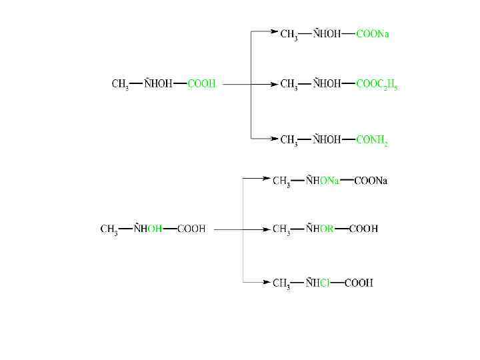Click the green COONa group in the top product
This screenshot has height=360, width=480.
coord(373,34)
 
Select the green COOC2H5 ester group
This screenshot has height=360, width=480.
coord(377,85)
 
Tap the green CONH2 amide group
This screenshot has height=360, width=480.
coord(372,140)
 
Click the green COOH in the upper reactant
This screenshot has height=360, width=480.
coord(201,84)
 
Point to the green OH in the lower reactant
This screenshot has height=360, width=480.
coord(155,229)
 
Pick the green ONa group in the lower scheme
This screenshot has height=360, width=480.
coord(328,181)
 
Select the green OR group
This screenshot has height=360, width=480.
coord(326,229)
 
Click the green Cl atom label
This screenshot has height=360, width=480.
coord(325,283)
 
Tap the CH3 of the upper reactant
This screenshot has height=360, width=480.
coord(120,85)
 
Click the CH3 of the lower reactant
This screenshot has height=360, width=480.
coord(109,229)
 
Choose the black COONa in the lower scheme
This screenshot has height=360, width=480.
coord(371,181)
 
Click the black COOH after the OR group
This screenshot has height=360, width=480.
coord(363,229)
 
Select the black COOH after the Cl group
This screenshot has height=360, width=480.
coord(359,283)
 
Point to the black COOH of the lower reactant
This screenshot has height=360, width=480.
coord(191,229)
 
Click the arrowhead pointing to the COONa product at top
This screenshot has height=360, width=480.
coord(274,31)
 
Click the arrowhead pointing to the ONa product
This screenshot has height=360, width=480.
coord(267,178)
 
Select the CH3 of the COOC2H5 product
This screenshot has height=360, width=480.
coord(289,85)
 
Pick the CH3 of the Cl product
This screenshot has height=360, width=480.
coord(281,283)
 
